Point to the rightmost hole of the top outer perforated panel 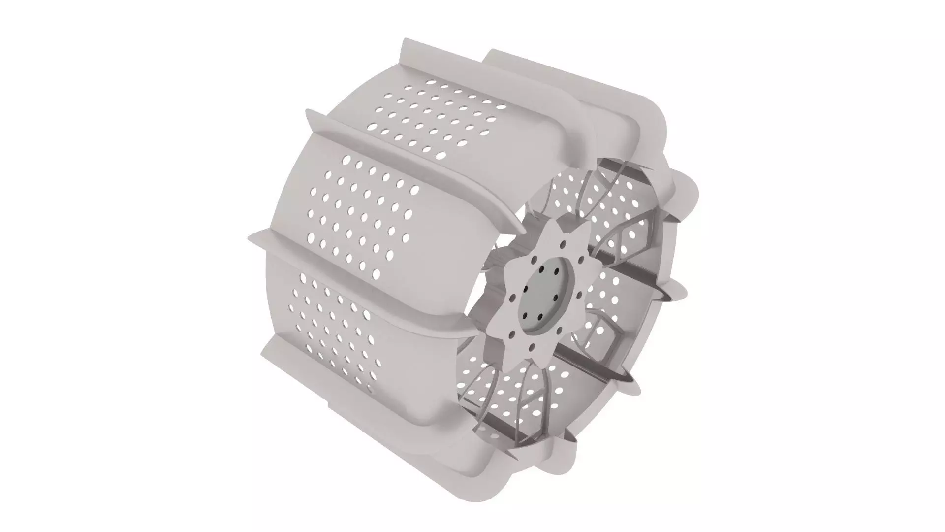pyautogui.click(x=502, y=106)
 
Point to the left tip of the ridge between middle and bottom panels pyautogui.click(x=251, y=239)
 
